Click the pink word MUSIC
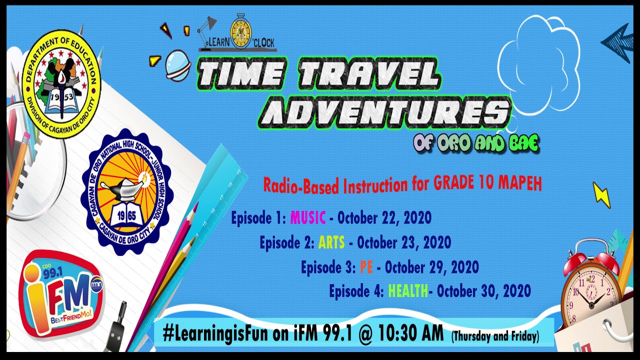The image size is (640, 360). point(307,218)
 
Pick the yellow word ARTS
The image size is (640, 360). point(331,243)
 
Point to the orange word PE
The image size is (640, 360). point(366,267)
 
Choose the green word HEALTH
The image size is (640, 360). point(407,290)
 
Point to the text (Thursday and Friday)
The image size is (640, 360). point(495,336)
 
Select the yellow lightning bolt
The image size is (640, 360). point(601,194)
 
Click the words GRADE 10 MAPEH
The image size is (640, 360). point(487,183)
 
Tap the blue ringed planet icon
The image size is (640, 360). point(177,65)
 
